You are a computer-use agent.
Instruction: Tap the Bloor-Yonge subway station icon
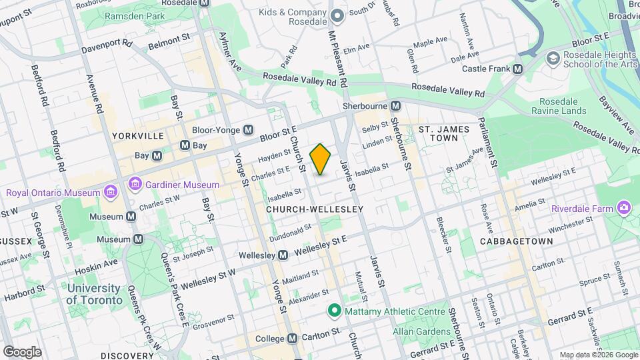pyautogui.click(x=248, y=130)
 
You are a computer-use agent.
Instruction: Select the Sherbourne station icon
pyautogui.click(x=395, y=106)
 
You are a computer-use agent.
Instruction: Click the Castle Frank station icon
pyautogui.click(x=517, y=69)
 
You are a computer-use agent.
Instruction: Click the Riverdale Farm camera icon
pyautogui.click(x=624, y=207)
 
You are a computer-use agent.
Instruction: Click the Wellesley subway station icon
pyautogui.click(x=283, y=255)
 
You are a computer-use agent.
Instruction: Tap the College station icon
pyautogui.click(x=293, y=339)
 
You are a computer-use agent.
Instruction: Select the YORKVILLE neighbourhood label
pyautogui.click(x=138, y=135)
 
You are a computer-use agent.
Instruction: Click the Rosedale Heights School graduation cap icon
pyautogui.click(x=553, y=58)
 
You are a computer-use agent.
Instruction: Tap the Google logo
pyautogui.click(x=22, y=351)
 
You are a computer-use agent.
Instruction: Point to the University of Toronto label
pyautogui.click(x=94, y=294)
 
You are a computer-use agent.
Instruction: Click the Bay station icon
pyautogui.click(x=157, y=155)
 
